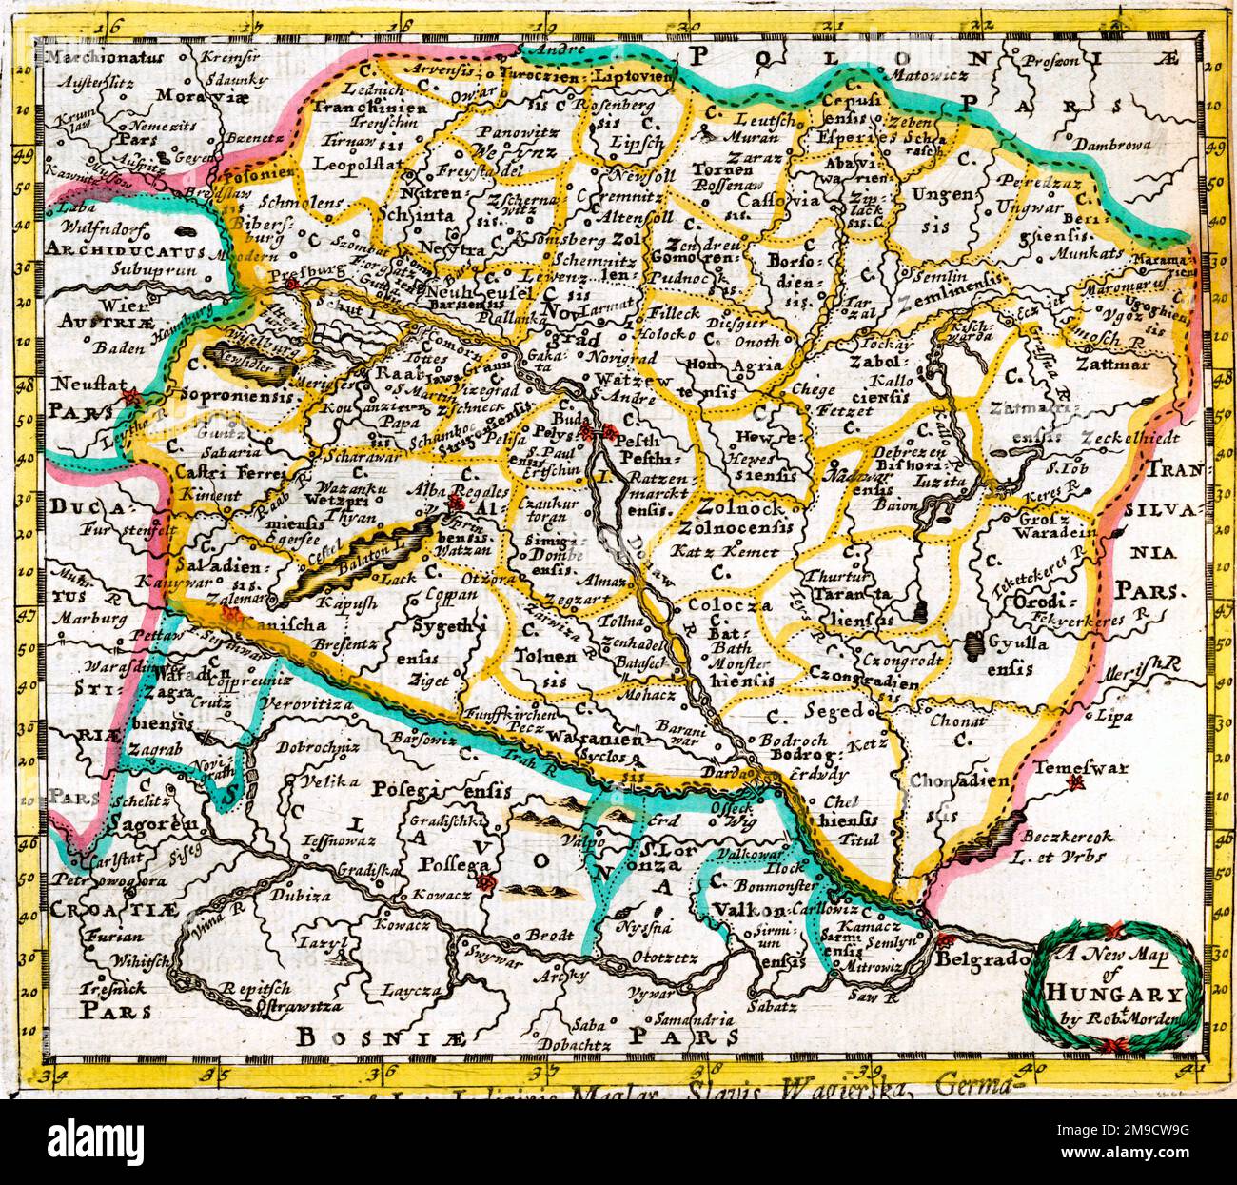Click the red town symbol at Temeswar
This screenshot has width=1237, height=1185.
(1076, 782)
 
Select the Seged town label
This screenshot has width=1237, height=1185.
(833, 710)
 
